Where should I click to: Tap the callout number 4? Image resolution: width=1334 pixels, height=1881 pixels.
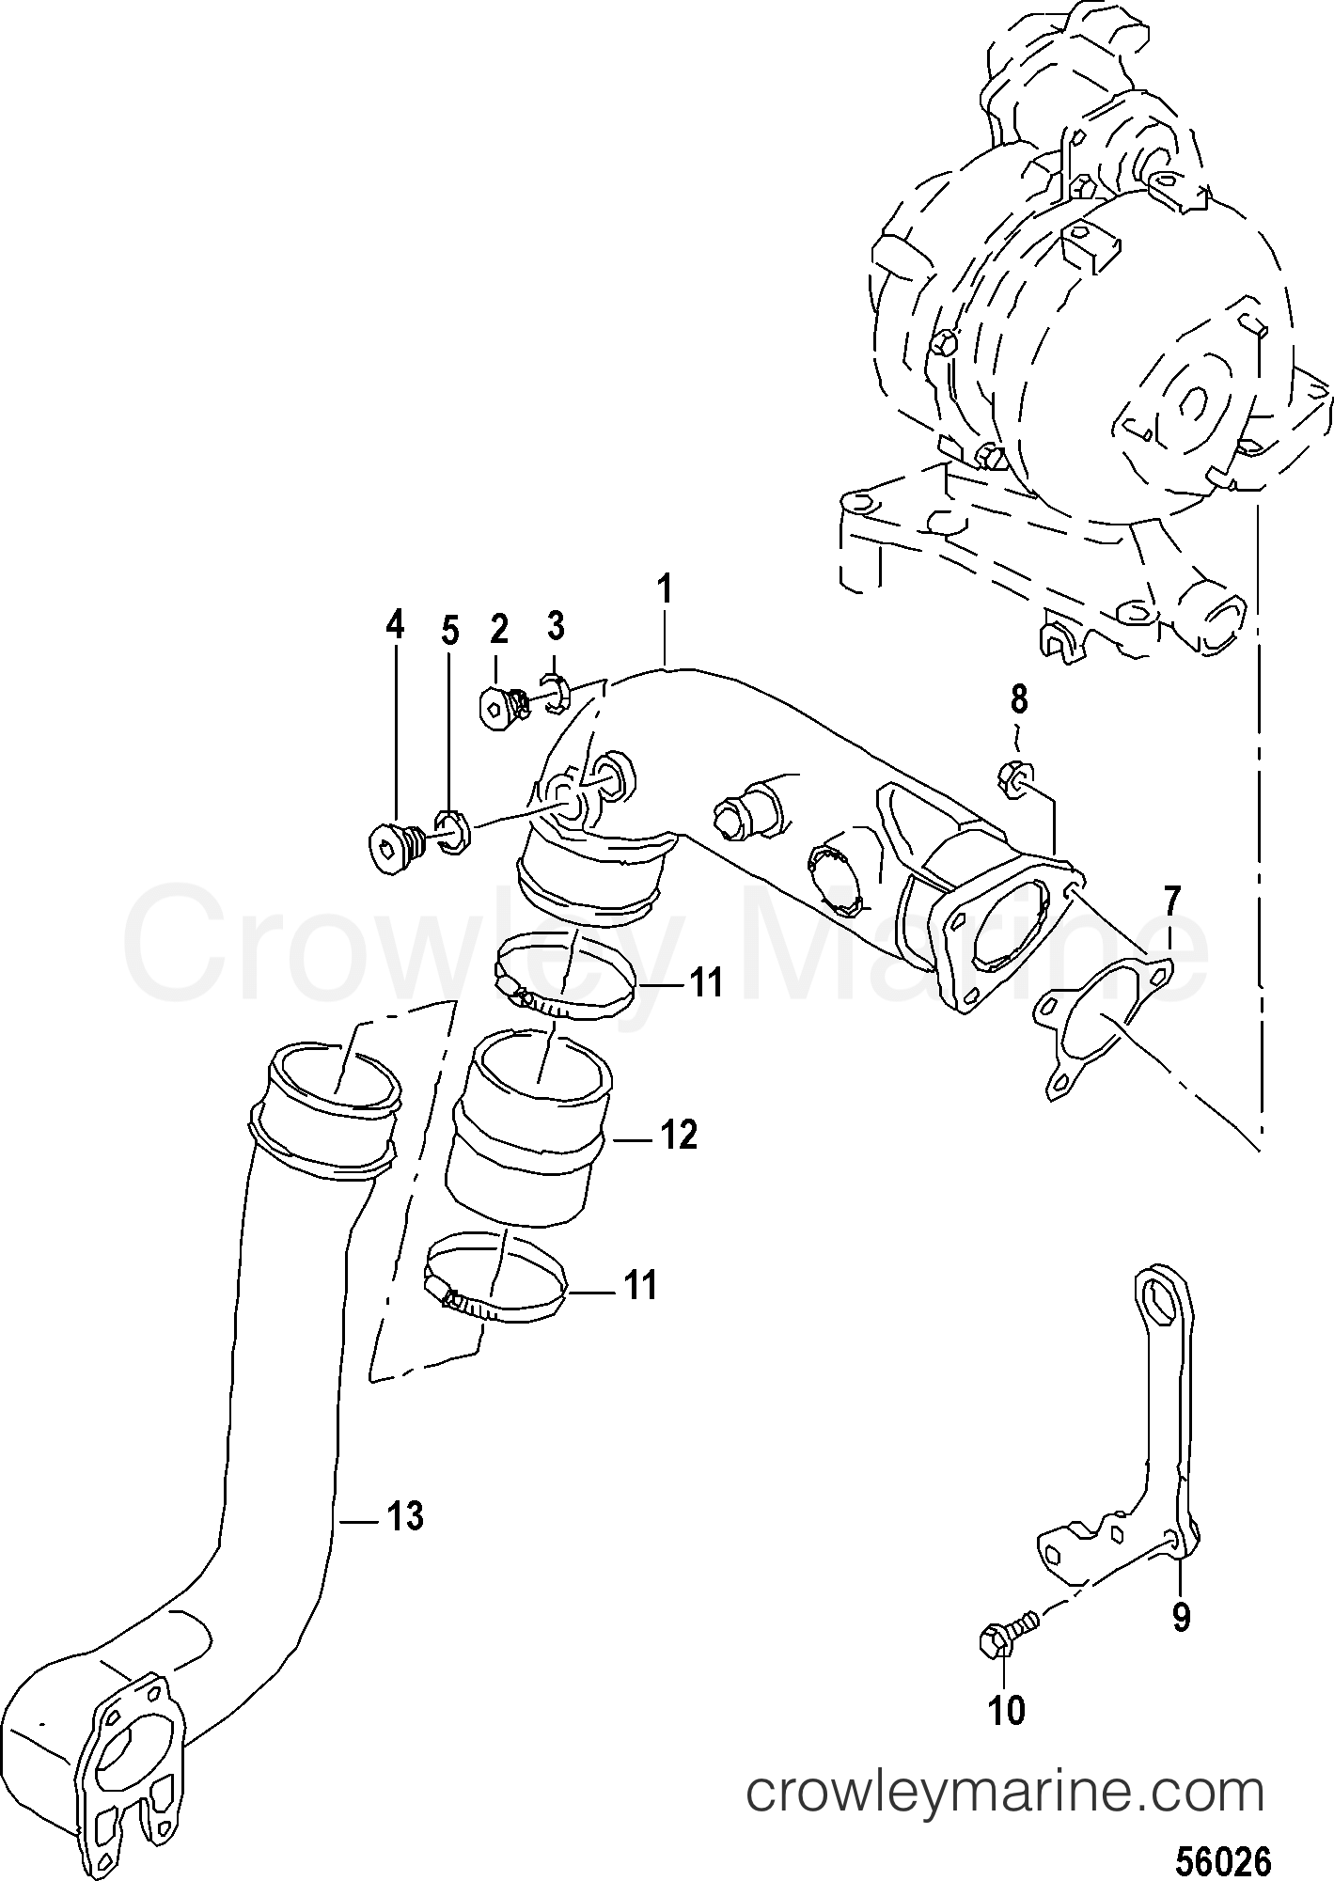click(395, 624)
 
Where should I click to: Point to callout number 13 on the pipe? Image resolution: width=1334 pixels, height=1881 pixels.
click(406, 1517)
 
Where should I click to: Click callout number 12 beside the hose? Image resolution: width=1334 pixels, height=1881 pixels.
click(680, 1136)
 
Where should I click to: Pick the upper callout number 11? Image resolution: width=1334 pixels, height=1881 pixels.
click(705, 983)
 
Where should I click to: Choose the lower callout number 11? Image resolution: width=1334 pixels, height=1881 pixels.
click(641, 1285)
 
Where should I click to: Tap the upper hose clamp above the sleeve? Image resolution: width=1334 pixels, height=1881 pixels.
click(564, 978)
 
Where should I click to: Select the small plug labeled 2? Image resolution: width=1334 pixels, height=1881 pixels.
click(501, 702)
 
